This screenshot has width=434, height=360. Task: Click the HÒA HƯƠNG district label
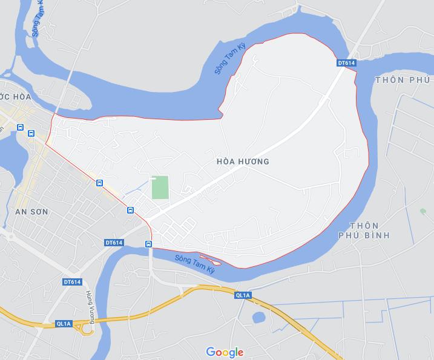242,162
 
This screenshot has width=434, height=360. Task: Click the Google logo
225,352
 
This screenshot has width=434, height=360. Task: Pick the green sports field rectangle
160,188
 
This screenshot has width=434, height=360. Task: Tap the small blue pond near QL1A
258,317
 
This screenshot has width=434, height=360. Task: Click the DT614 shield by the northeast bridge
346,62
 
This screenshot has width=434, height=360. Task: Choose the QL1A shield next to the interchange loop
64,324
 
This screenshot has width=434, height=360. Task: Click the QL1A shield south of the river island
242,295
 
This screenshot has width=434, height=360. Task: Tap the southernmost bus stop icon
148,243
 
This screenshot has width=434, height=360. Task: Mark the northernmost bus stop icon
21,128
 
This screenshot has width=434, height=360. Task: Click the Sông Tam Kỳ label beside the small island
194,265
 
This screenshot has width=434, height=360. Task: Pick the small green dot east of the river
422,211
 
